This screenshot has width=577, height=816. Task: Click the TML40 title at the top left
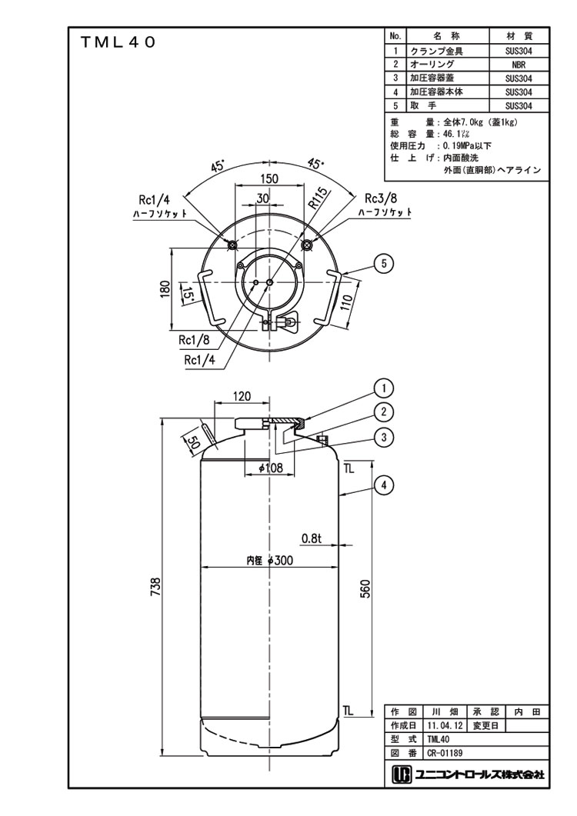tap(118, 44)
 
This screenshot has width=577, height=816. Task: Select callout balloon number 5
tap(384, 263)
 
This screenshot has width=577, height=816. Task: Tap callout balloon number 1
tap(384, 387)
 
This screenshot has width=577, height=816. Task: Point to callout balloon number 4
tap(384, 485)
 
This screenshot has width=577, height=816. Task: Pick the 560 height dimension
tap(366, 589)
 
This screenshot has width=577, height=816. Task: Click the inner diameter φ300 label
tap(270, 561)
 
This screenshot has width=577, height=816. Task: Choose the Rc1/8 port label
tap(195, 339)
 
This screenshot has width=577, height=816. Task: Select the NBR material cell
tap(518, 65)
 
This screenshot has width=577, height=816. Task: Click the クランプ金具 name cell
tap(436, 51)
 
